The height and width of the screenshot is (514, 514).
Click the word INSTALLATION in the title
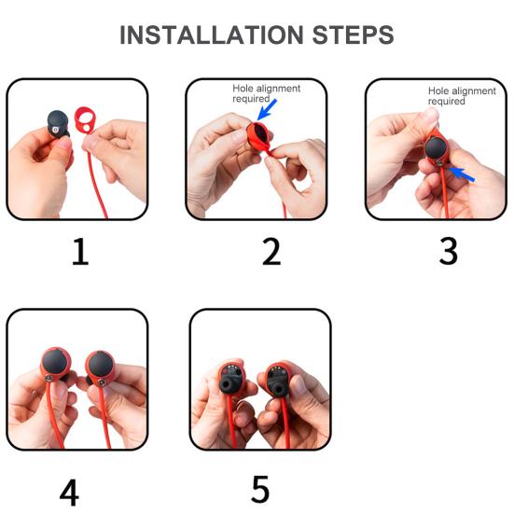(212, 35)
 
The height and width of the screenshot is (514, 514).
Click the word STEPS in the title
(353, 35)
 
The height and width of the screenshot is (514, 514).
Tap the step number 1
(80, 252)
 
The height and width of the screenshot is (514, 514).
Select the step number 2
(271, 252)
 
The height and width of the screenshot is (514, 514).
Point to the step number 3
(448, 251)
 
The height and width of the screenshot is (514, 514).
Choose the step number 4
(69, 493)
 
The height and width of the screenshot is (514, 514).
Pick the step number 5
(260, 489)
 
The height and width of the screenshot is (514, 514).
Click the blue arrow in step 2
(267, 109)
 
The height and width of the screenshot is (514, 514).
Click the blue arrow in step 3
(462, 174)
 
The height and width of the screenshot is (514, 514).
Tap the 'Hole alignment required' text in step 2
(266, 93)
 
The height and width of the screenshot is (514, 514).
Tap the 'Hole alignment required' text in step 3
(462, 96)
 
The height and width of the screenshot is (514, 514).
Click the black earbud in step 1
(59, 124)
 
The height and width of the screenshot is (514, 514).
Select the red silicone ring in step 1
(85, 119)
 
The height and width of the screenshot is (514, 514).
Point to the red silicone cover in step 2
(259, 137)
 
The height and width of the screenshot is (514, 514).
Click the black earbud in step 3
(436, 147)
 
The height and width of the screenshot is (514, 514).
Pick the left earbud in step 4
(55, 364)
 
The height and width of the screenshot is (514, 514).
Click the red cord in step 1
(97, 177)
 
